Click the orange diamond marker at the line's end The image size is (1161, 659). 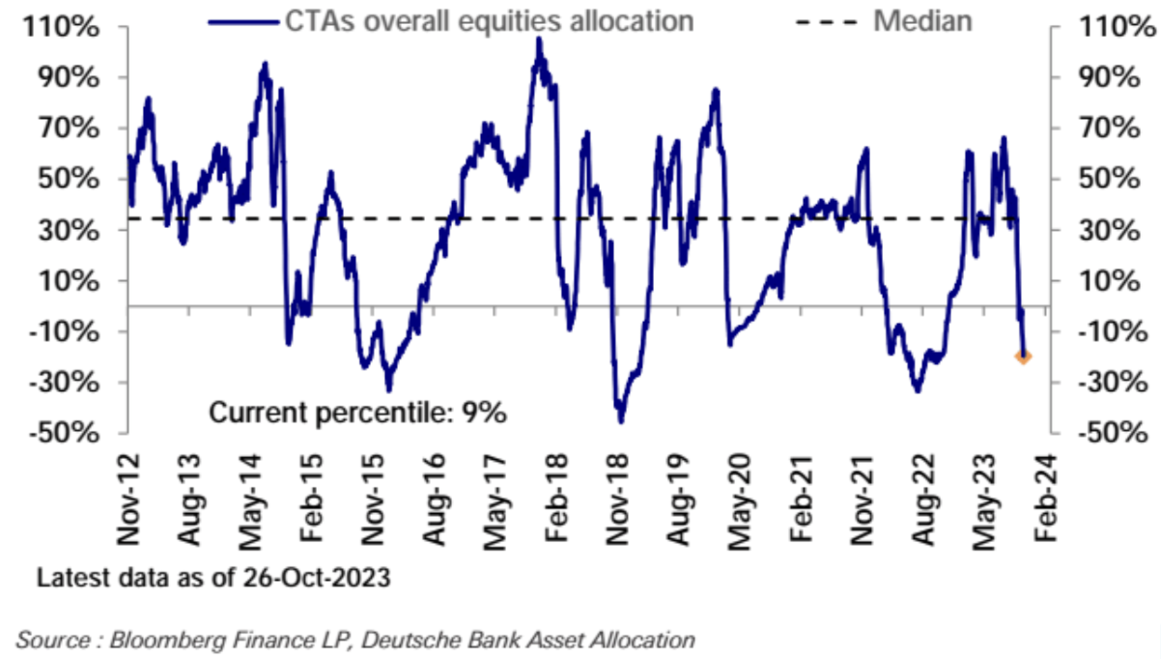tap(1023, 357)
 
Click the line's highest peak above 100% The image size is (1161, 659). tap(539, 40)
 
